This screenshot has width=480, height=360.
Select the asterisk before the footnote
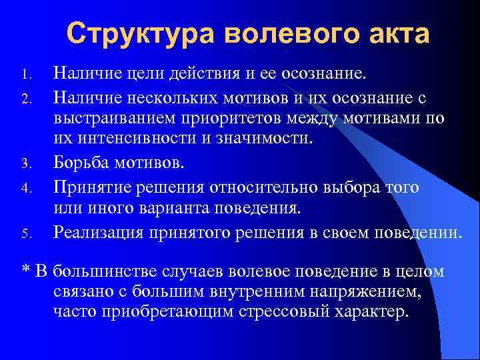[x=26, y=273]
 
